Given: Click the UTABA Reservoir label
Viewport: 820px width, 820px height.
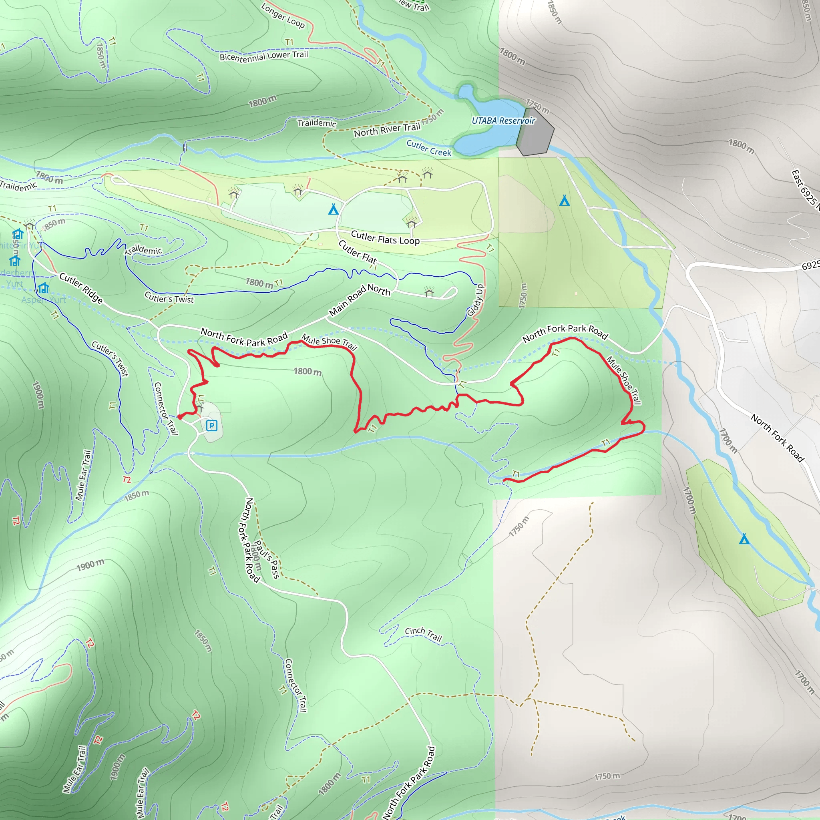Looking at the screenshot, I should pyautogui.click(x=503, y=121).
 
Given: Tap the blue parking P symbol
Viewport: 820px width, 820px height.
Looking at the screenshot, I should pyautogui.click(x=211, y=425).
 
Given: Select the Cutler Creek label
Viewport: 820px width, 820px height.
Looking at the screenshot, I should pyautogui.click(x=429, y=148).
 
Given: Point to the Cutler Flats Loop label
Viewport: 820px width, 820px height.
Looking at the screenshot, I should pyautogui.click(x=385, y=238).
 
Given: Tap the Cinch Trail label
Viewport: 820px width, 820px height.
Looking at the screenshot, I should pyautogui.click(x=424, y=634).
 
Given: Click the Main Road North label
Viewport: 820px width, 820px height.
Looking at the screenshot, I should pyautogui.click(x=359, y=299).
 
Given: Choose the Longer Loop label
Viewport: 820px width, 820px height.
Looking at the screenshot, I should pyautogui.click(x=283, y=16).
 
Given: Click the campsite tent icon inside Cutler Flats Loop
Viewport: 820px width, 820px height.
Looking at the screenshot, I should pyautogui.click(x=333, y=209).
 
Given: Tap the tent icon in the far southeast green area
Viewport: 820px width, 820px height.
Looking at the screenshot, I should pyautogui.click(x=744, y=539).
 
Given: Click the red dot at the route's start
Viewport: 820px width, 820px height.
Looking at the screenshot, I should pyautogui.click(x=180, y=417).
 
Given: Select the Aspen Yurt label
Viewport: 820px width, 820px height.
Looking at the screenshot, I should pyautogui.click(x=44, y=300).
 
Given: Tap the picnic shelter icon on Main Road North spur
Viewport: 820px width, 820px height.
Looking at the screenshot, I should pyautogui.click(x=429, y=291).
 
